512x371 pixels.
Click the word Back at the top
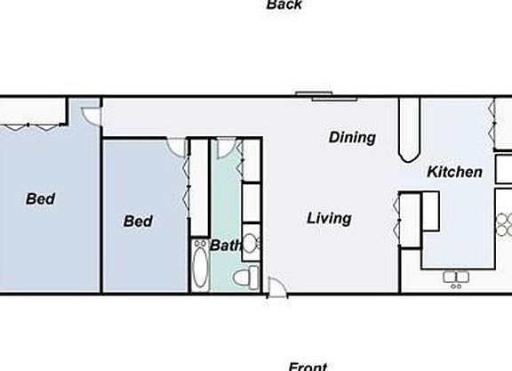pos(284,5)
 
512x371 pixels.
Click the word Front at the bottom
pos(308,366)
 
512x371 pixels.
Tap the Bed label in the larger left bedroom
pos(40,199)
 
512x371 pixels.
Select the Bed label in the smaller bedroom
pos(138,221)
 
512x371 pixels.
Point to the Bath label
pos(226,245)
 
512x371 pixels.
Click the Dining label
pos(352,138)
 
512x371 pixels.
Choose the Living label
pos(329,218)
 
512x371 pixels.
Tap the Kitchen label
pos(454,172)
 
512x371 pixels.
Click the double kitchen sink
pos(457,278)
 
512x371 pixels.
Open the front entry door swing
pos(276,286)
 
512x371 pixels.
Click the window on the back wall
pos(316,93)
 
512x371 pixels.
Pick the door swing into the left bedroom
pos(91,114)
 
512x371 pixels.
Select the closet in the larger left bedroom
pos(34,111)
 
